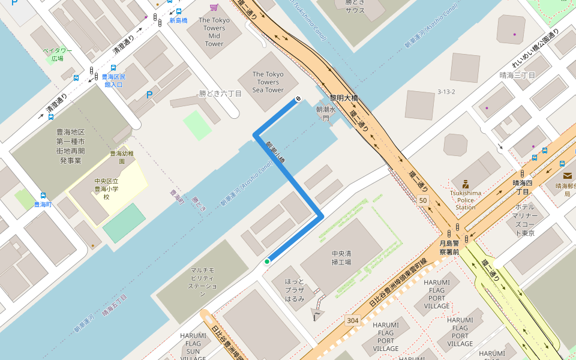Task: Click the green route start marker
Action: [267, 262]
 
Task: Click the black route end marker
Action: [297, 100]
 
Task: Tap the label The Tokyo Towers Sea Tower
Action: [268, 82]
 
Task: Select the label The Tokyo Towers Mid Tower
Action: [214, 32]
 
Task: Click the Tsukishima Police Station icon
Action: [465, 184]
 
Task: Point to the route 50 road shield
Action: [424, 200]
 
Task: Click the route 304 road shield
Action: [352, 320]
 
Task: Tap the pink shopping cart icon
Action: [214, 7]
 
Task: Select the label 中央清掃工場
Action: [341, 257]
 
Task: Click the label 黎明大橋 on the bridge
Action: [344, 97]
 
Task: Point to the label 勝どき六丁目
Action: [220, 94]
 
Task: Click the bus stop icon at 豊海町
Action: [43, 196]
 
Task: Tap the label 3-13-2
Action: [446, 92]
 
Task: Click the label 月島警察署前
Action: [449, 248]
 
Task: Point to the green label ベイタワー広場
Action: [58, 55]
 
